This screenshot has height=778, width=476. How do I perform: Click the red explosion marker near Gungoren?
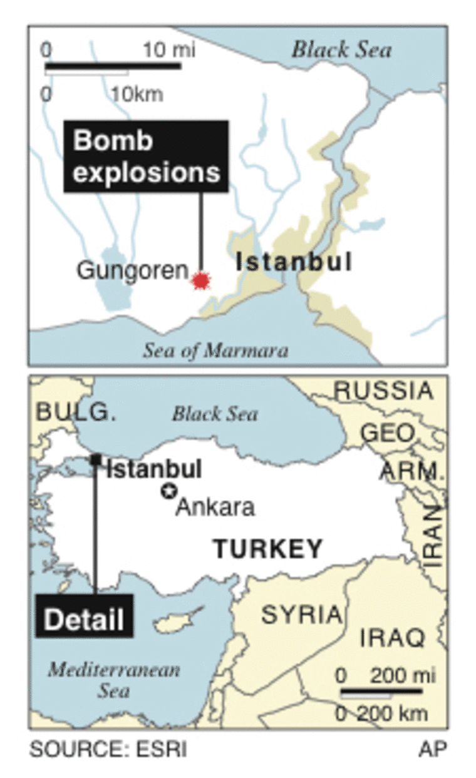201,281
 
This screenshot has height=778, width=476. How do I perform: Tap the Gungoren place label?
132,270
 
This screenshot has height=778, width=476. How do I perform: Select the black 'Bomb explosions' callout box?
146,156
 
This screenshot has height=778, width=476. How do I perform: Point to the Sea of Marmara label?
215,350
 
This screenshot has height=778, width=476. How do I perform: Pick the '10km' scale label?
137,94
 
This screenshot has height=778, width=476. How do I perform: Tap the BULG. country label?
76,411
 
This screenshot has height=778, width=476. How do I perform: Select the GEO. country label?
389,433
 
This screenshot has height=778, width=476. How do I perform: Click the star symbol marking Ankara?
168,491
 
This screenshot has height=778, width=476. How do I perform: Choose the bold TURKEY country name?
268,549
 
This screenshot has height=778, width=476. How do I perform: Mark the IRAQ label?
393,638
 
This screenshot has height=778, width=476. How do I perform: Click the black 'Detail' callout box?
84,620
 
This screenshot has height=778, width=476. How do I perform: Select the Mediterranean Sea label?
114,680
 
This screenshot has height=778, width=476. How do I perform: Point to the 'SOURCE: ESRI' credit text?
108,749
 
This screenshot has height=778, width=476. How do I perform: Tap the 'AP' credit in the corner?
433,749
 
